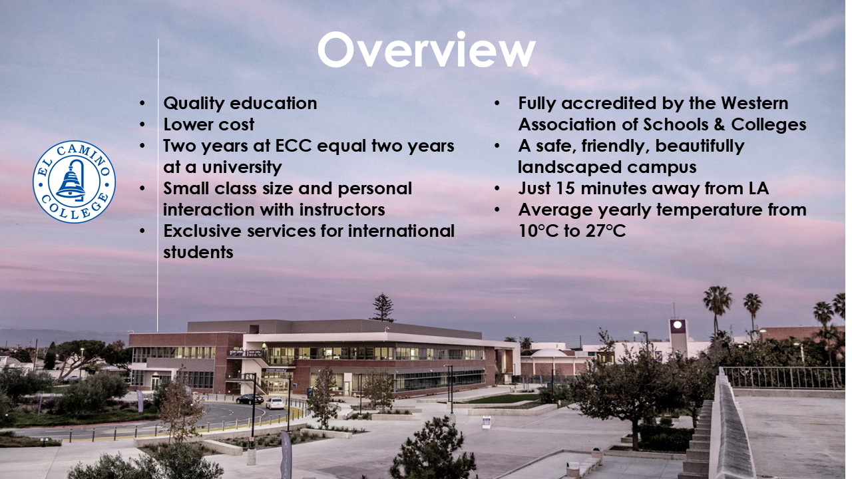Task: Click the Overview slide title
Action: (x=427, y=50)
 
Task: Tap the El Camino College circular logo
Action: (x=74, y=182)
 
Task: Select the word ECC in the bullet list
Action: (x=294, y=146)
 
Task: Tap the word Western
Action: (x=755, y=103)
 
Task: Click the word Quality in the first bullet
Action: (x=194, y=104)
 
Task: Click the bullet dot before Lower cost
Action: (x=142, y=124)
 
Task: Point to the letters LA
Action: (x=759, y=188)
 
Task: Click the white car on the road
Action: (x=275, y=403)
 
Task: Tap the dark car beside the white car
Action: (x=250, y=399)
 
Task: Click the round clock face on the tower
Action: (x=678, y=325)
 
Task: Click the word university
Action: (x=242, y=167)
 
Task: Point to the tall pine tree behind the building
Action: (x=383, y=308)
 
